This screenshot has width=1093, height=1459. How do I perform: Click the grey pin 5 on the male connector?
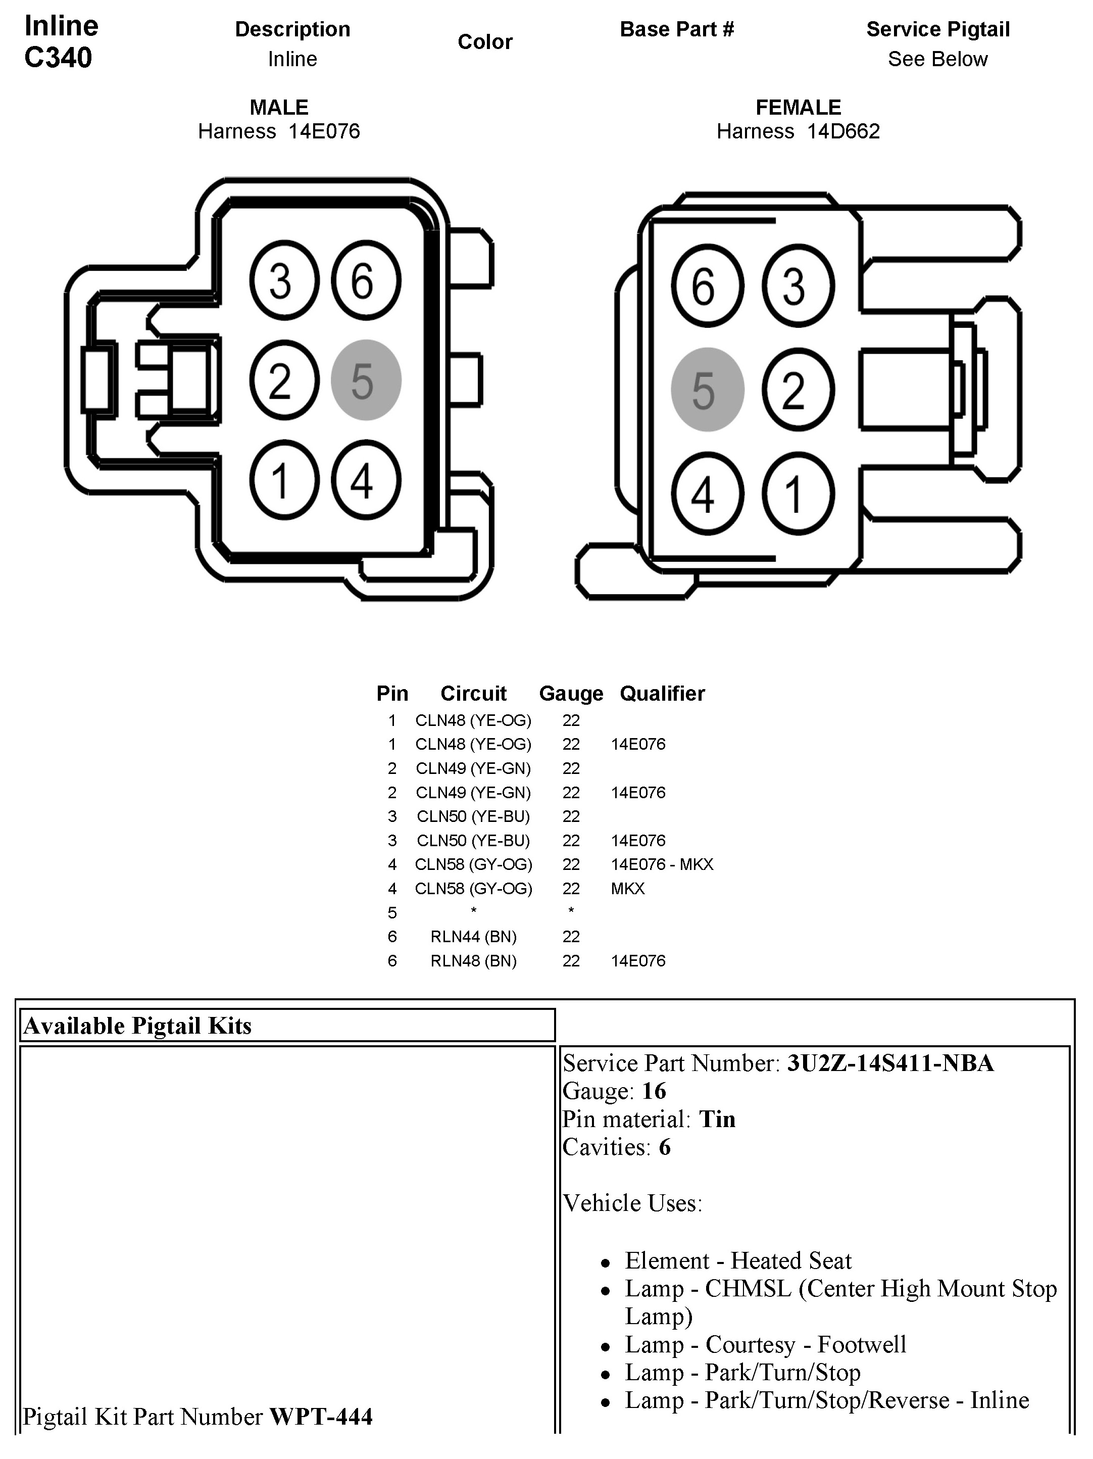[366, 380]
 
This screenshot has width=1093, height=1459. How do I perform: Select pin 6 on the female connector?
[707, 285]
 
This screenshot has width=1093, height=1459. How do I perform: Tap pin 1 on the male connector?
[284, 479]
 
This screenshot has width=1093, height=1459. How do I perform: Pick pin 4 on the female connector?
[707, 494]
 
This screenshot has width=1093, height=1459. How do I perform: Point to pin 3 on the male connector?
[284, 280]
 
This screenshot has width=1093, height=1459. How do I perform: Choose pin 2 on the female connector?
[798, 389]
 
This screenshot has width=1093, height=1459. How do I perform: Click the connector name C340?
[58, 58]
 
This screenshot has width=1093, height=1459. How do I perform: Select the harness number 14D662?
[843, 131]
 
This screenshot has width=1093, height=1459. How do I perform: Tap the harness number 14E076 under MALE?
[324, 131]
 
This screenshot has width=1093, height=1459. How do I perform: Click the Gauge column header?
[571, 693]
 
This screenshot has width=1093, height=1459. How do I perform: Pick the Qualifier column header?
[662, 693]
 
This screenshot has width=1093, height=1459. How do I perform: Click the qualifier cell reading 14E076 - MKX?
[662, 864]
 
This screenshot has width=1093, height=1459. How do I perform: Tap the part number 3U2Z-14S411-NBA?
[890, 1063]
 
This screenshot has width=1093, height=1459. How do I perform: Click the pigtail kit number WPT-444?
[321, 1417]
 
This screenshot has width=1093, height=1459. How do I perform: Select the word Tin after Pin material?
[717, 1120]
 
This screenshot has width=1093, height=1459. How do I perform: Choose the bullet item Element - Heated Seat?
[738, 1260]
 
